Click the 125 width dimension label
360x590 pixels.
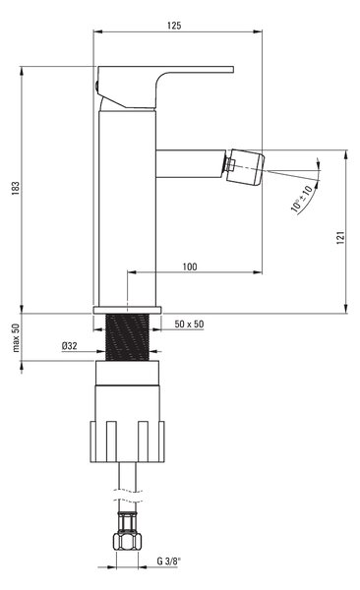[x=174, y=26]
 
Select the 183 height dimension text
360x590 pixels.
[x=16, y=188]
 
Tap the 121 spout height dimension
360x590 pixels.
[x=340, y=238]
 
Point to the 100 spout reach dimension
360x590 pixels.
[x=190, y=266]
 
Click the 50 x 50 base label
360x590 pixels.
[x=189, y=324]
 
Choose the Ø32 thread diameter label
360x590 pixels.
[x=70, y=345]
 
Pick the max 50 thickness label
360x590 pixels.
[x=16, y=337]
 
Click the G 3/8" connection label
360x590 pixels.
[x=169, y=561]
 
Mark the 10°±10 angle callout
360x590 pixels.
[x=302, y=199]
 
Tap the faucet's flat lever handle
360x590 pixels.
[x=165, y=88]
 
